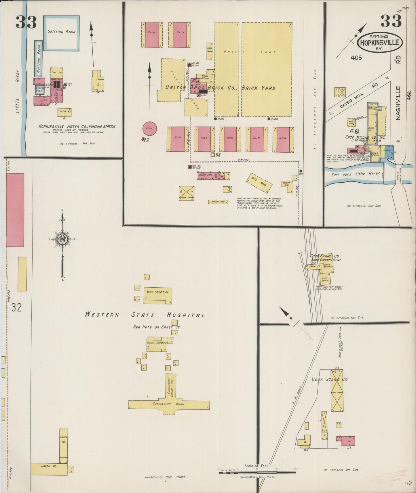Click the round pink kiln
click(149, 128)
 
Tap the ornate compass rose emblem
click(62, 239)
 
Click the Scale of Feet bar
click(257, 472)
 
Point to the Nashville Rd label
click(398, 103)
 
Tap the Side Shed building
click(259, 183)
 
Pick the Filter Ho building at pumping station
click(64, 112)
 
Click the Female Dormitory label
click(157, 343)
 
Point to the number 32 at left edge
click(16, 308)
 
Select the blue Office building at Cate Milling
click(387, 152)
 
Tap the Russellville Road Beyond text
click(165, 477)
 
